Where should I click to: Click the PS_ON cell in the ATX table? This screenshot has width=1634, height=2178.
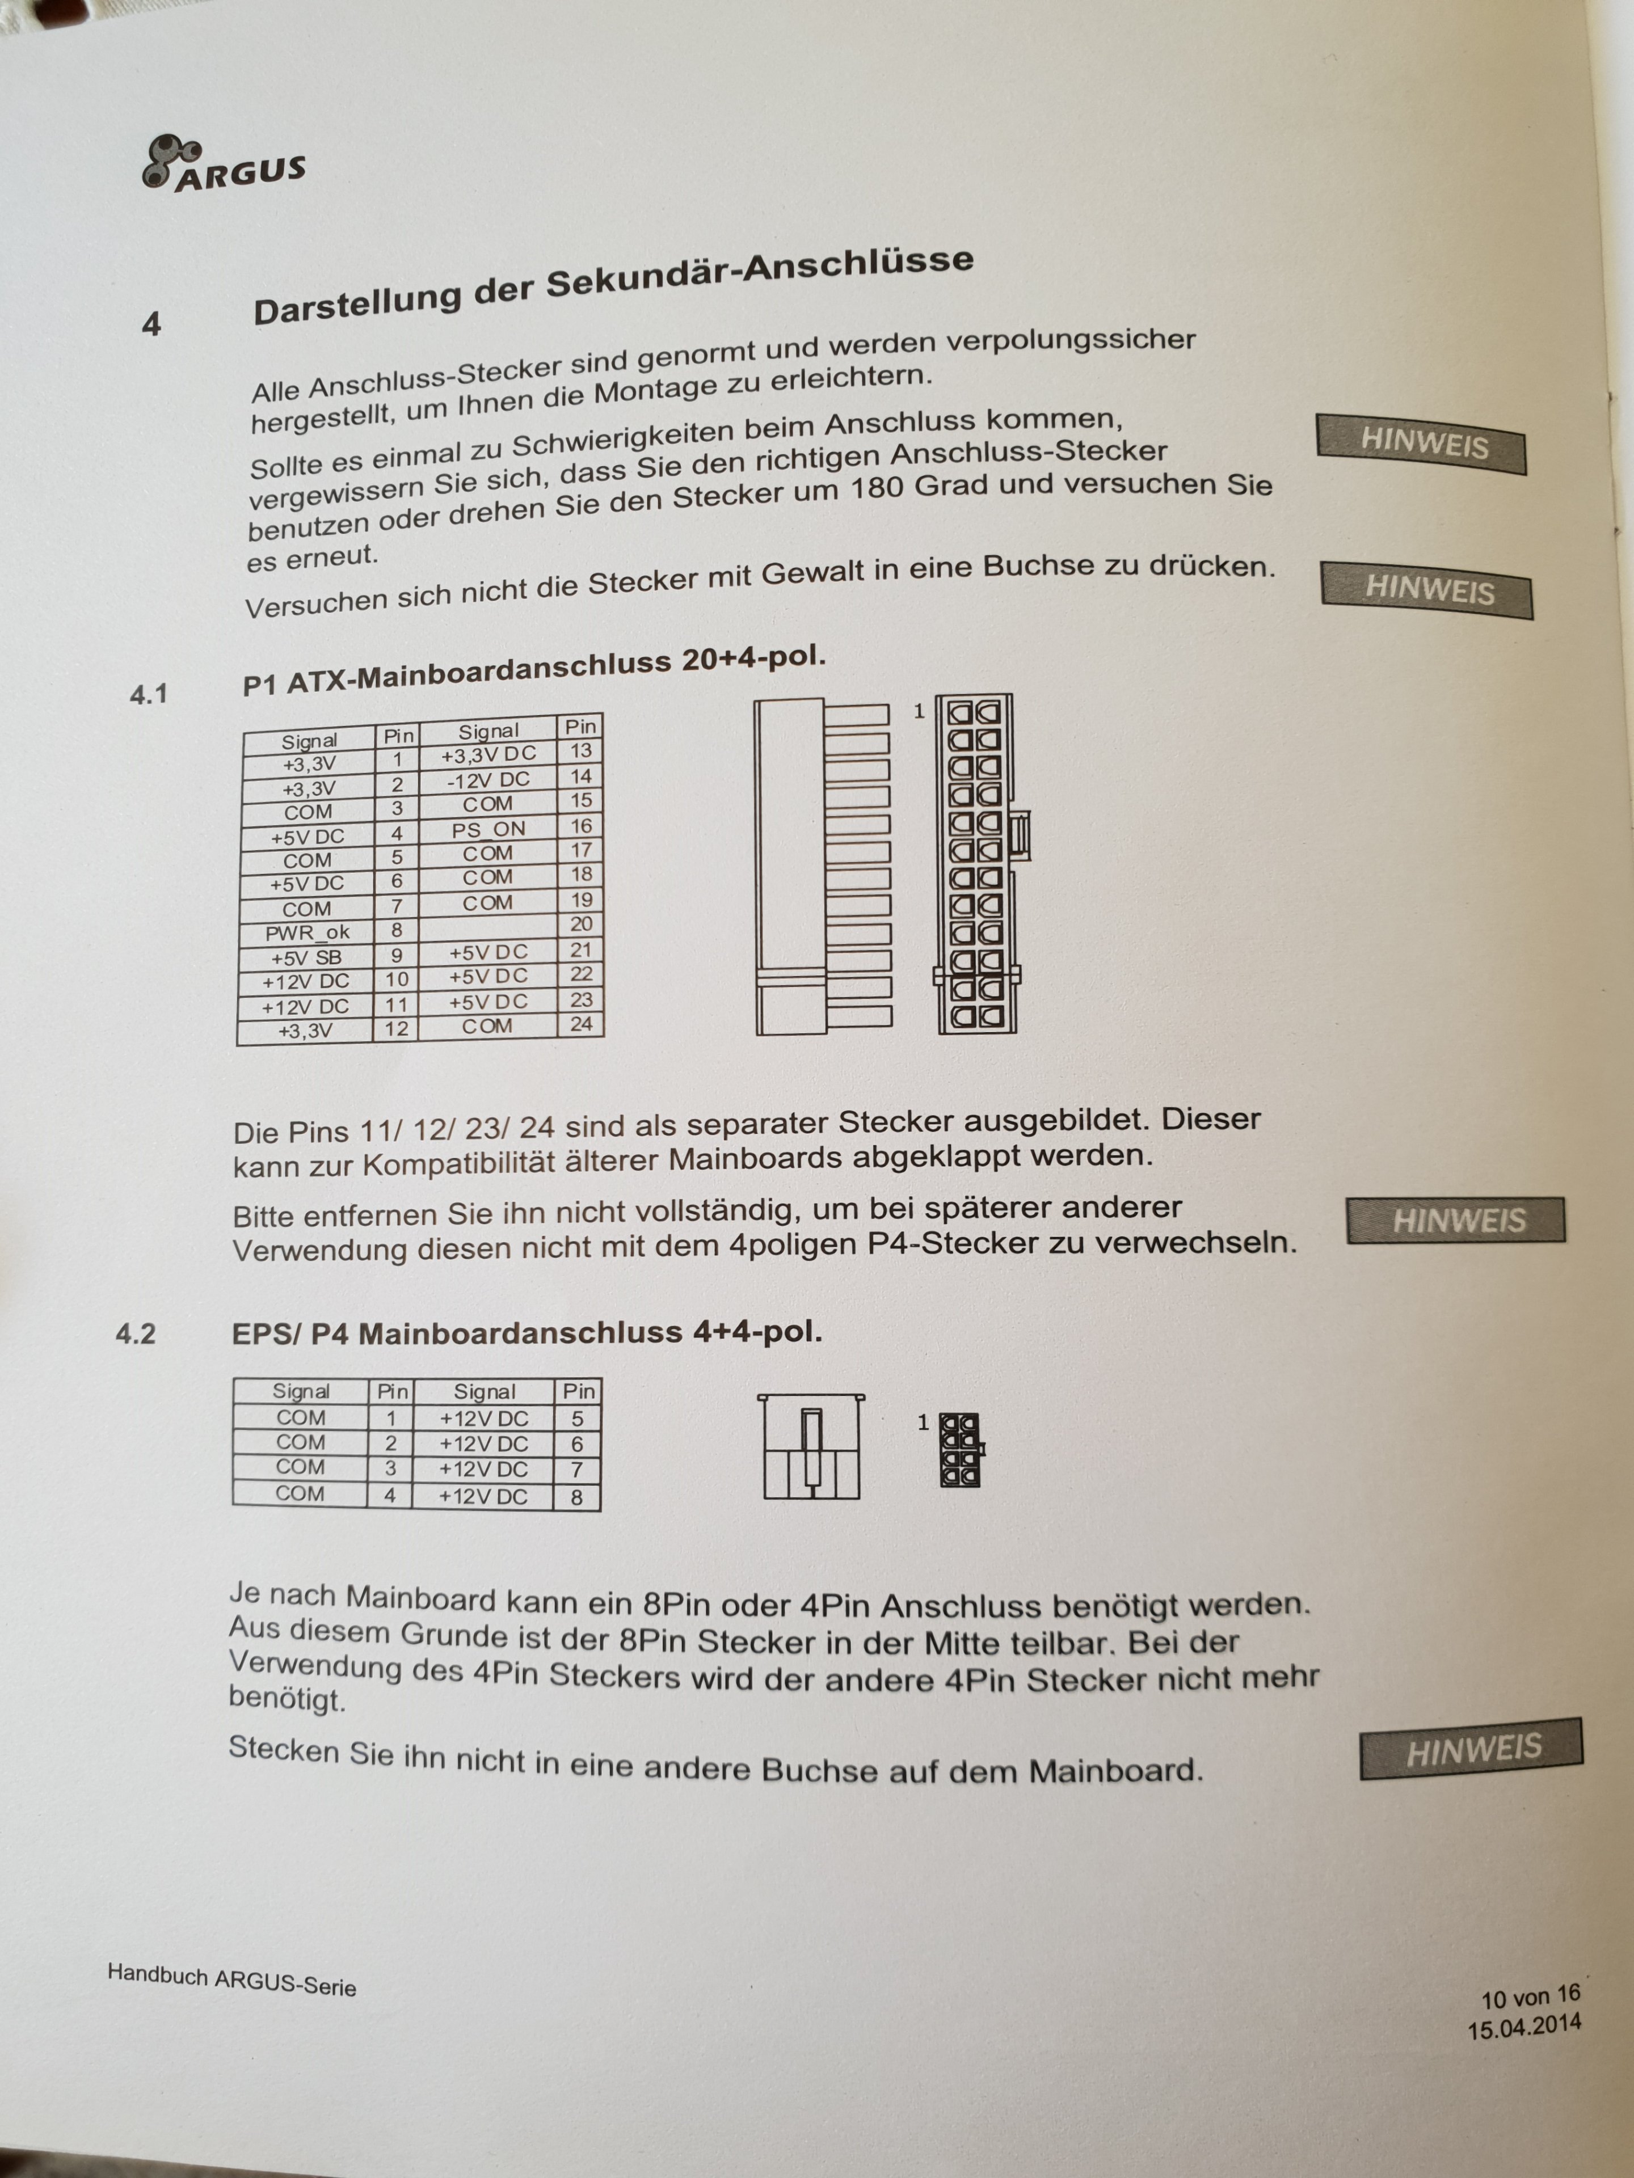click(488, 829)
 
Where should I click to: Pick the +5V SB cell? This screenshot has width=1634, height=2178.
click(306, 957)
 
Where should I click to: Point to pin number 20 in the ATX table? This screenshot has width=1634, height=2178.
click(581, 923)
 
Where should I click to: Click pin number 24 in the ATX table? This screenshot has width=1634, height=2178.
click(581, 1024)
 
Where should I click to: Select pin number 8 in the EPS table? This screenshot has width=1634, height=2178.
click(577, 1497)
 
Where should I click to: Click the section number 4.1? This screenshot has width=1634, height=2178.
click(149, 694)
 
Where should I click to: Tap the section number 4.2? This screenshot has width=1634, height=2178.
click(136, 1334)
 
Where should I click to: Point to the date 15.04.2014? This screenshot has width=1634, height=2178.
click(1524, 2028)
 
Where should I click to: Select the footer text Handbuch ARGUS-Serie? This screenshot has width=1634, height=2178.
click(231, 1979)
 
